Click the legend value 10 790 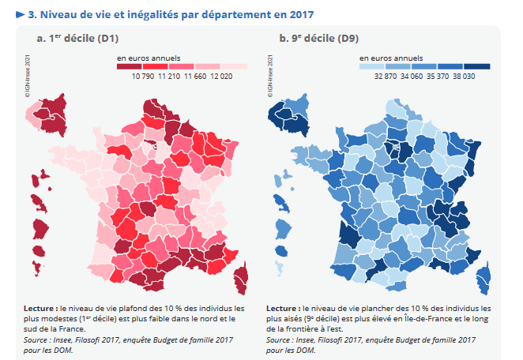(142, 77)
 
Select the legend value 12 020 (220, 77)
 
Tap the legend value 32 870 (385, 77)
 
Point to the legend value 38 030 (463, 77)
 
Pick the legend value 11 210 (168, 77)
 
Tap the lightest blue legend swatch (372, 67)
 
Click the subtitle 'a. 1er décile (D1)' (77, 38)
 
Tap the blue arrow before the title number (21, 14)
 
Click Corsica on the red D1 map (241, 278)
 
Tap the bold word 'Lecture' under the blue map (282, 308)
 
